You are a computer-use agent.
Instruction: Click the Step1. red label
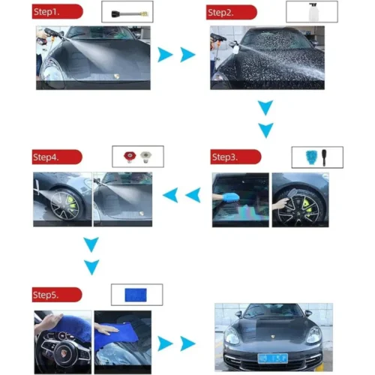point(57,11)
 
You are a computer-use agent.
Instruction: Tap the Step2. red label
point(232,12)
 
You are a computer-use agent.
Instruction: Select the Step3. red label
point(235,157)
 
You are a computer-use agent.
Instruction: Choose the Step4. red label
point(57,157)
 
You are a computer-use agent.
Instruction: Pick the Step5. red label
point(57,295)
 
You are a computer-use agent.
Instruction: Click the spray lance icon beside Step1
point(130,13)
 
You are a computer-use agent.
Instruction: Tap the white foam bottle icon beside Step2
point(313,12)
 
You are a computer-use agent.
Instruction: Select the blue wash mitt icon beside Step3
point(311,157)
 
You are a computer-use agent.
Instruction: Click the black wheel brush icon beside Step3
point(324,157)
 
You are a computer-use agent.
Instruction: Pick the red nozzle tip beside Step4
point(130,157)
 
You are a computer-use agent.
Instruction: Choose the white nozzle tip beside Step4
point(146,157)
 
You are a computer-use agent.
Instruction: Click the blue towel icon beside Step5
point(136,295)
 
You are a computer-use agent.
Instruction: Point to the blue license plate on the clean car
point(273,358)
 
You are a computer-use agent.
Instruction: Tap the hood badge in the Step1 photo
point(116,76)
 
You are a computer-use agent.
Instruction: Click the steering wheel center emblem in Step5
point(64,353)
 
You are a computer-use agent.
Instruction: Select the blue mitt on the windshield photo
point(230,198)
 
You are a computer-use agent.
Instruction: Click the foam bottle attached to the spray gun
point(235,47)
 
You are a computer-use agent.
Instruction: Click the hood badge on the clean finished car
point(273,337)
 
